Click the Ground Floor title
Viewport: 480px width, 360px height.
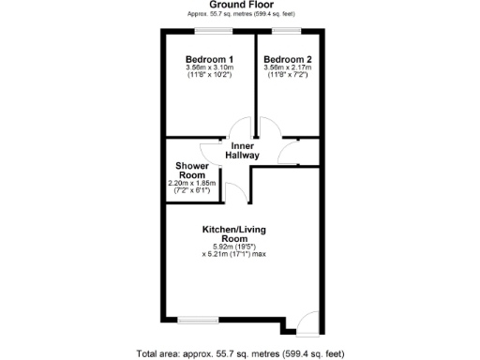pos(241,5)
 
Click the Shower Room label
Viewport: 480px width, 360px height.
pos(191,170)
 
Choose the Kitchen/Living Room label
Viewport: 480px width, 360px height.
pos(241,233)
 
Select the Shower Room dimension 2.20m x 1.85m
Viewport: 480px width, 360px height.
pos(192,183)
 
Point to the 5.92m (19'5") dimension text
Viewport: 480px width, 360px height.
pos(240,247)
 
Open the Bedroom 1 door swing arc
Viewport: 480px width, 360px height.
pos(242,128)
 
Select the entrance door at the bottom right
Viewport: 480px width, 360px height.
pos(307,324)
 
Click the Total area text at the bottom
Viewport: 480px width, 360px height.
pos(241,353)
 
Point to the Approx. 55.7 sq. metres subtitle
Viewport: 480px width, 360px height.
pos(241,15)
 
